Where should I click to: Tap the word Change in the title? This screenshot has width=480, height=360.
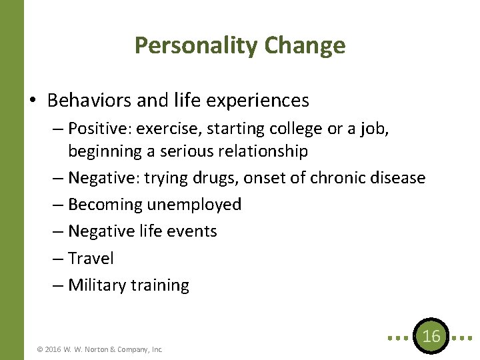tap(305, 45)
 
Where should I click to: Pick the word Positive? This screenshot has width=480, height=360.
tap(97, 127)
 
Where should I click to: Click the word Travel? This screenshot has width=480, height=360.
tap(91, 258)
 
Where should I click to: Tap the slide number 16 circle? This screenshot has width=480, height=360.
tap(432, 337)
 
